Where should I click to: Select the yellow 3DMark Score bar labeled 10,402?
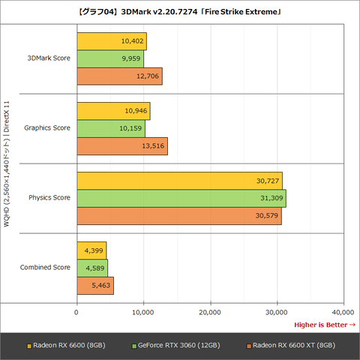pos(111,41)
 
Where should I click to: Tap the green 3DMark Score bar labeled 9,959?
pos(109,58)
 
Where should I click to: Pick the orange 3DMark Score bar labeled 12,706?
pos(119,76)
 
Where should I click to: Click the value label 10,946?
pos(136,111)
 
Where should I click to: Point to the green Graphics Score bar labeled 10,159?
pos(110,128)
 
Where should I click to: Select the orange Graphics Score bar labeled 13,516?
pos(121,145)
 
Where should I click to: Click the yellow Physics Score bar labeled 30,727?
pos(179,180)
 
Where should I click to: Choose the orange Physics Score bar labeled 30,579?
pos(178,215)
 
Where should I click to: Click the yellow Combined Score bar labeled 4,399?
pos(91,250)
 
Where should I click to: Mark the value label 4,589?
pos(94,268)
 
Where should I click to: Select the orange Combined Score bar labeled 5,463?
pos(94,285)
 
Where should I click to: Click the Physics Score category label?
pos(49,197)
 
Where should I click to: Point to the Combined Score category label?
pos(46,267)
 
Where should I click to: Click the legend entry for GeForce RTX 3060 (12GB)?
pos(175,346)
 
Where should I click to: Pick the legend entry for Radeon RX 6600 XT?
pos(288,346)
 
